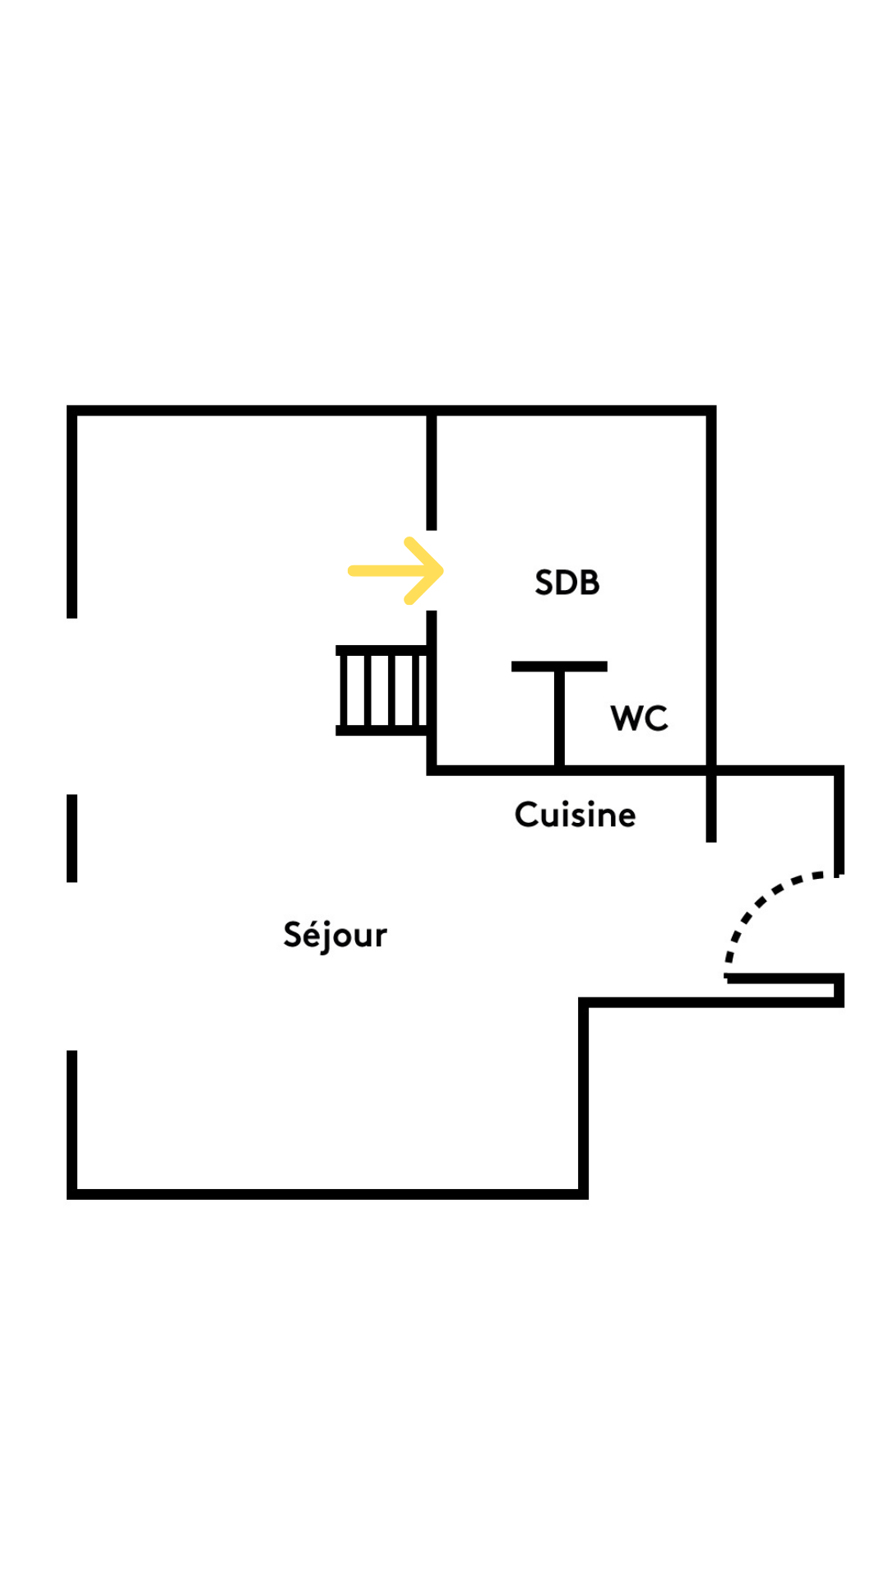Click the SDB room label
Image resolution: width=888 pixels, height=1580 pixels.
coord(567,583)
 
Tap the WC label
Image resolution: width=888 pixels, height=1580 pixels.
coord(639,718)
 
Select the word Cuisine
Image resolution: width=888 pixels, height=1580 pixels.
coord(575,815)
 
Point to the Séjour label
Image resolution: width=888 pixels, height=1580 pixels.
coord(335,935)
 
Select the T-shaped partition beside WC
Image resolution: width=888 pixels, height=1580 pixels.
coord(559,712)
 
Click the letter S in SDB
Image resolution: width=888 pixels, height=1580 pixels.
coord(543,583)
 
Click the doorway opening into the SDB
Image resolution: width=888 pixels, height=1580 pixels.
coord(432,570)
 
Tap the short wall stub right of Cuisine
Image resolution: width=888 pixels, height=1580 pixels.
coord(711,806)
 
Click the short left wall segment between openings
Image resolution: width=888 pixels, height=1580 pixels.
coord(72,838)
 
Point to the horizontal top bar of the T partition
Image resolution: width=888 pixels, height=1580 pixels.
coord(559,667)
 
